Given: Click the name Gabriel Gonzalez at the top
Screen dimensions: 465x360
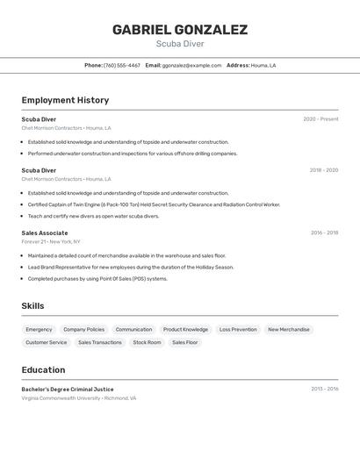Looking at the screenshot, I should pos(179,30).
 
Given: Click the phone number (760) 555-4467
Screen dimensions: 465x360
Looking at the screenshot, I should pos(121,65).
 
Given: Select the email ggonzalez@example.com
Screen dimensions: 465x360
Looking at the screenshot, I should pos(191,65).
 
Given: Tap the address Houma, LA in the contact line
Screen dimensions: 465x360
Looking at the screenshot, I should pos(263,65).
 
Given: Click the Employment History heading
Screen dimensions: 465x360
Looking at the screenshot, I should pos(65,100).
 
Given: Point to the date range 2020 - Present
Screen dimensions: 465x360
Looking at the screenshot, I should pos(320,119).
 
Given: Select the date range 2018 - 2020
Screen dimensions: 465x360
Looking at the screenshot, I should pos(323,170).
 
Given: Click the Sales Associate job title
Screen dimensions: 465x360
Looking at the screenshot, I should pos(45,232).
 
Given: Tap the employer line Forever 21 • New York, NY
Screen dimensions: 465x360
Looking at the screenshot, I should pos(51,241).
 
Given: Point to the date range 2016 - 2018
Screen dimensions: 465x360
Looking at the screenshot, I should pos(324,232).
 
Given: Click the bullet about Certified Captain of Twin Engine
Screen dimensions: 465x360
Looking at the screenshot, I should pos(154,204).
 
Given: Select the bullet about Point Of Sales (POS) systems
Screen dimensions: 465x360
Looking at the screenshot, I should pos(97,279).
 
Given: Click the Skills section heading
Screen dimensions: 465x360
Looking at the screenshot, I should pos(32,306).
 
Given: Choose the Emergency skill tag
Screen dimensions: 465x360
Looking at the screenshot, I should pos(39,330).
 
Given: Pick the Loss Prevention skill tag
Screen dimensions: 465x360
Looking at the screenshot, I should pos(238,330).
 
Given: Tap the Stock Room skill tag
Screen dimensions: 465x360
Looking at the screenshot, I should pos(147,342).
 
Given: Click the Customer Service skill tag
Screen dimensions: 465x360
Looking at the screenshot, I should pos(46,342).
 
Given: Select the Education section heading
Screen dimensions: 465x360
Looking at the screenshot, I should pos(43,369).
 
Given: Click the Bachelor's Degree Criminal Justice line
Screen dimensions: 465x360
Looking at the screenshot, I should pos(68,389).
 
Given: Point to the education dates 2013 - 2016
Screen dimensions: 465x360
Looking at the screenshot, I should pos(324,389).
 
